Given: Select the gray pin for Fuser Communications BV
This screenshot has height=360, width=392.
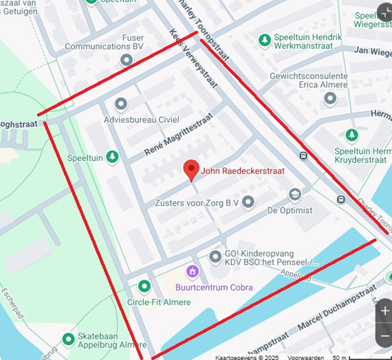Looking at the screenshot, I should click(126, 60).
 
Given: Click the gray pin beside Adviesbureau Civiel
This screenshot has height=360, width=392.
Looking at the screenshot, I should click(121, 104).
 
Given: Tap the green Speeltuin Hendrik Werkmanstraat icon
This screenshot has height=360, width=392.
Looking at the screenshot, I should click(264, 41).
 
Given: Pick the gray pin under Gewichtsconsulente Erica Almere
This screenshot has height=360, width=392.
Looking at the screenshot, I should click(330, 98).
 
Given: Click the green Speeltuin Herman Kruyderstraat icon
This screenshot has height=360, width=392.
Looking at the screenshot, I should click(352, 135).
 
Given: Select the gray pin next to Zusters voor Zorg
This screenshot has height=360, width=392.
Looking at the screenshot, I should click(248, 202).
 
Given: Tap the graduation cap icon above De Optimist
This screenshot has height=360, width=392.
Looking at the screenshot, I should click(295, 195).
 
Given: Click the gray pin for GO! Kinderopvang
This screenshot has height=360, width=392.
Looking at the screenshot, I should click(215, 257).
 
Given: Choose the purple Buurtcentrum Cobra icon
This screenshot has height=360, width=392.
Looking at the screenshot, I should click(193, 271).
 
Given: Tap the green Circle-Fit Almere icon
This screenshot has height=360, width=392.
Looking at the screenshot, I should click(144, 286).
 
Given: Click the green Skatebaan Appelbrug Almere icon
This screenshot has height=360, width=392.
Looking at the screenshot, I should click(68, 339).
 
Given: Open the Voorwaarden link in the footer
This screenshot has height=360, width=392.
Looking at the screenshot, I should click(306, 357).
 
